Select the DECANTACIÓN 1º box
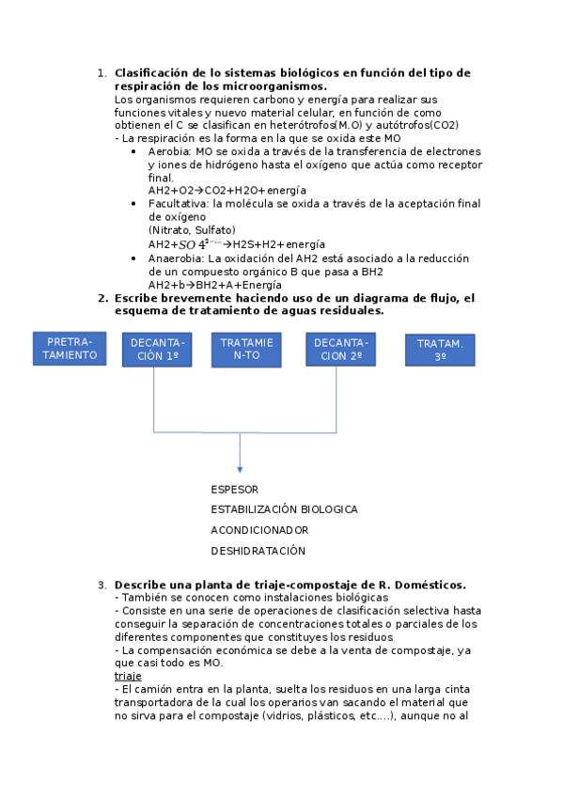click(157, 350)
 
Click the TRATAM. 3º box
click(440, 351)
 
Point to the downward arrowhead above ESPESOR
click(240, 467)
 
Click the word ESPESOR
click(234, 490)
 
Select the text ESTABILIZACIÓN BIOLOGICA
click(284, 509)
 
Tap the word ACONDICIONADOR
click(259, 530)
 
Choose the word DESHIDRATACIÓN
click(258, 551)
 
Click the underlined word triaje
click(128, 676)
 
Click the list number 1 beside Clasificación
click(102, 73)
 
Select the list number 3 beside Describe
click(102, 585)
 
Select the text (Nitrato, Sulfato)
click(192, 229)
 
